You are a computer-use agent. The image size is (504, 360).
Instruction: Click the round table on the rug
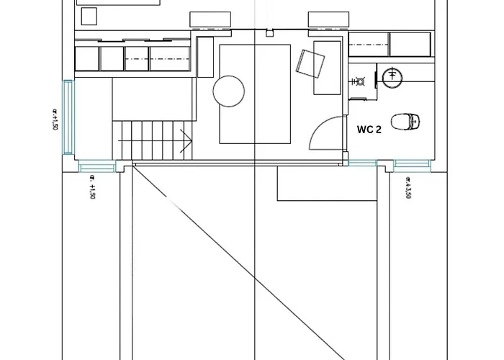click(230, 92)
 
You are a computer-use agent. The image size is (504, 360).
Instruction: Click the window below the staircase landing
click(96, 168)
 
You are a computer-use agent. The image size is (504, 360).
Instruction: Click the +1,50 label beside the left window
click(55, 120)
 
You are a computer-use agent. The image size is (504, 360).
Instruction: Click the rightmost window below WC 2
click(411, 163)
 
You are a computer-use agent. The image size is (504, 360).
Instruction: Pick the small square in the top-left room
click(89, 16)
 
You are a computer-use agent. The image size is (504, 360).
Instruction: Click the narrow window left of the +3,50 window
click(362, 163)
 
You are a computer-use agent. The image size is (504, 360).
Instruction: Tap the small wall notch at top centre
click(268, 32)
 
